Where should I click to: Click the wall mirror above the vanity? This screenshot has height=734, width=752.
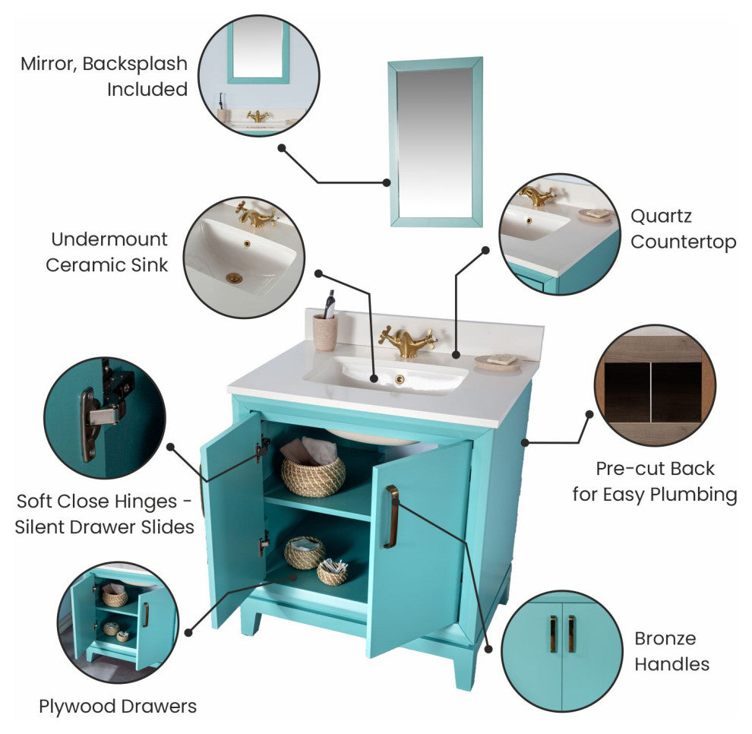[x=435, y=142]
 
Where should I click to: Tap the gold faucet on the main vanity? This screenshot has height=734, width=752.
[x=408, y=341]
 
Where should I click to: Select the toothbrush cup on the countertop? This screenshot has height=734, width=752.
[x=325, y=332]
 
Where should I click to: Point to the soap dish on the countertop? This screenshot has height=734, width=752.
[x=498, y=362]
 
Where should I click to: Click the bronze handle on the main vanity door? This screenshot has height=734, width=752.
[x=391, y=517]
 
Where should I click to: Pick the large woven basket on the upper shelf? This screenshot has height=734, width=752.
[x=313, y=476]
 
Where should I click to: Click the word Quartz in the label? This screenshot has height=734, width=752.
[x=661, y=217]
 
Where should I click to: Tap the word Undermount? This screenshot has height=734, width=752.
[x=109, y=239]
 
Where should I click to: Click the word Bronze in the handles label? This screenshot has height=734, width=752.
[x=665, y=638]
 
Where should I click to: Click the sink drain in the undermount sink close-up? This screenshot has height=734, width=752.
[x=234, y=278]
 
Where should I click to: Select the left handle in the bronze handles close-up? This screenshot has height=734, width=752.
[x=553, y=634]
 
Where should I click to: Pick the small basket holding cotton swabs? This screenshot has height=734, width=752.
[x=333, y=572]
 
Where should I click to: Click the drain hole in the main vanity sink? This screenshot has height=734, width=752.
[x=399, y=379]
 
